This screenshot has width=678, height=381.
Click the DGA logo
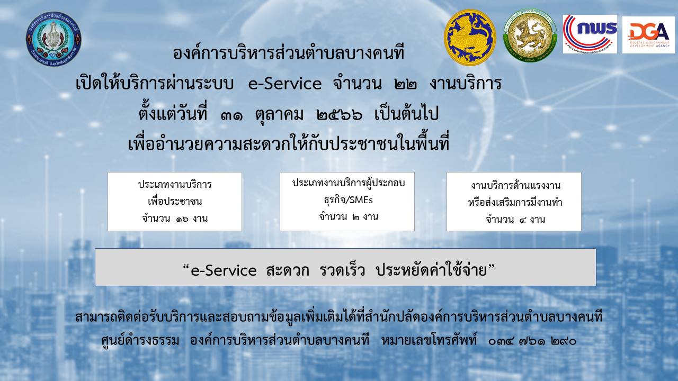click(x=648, y=35)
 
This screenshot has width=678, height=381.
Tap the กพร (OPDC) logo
click(x=590, y=34)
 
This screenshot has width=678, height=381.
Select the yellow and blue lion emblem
click(x=470, y=38)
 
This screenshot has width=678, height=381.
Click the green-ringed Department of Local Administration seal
click(x=530, y=35)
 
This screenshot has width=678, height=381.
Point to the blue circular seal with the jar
click(x=53, y=39)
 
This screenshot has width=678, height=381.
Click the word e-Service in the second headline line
click(x=285, y=84)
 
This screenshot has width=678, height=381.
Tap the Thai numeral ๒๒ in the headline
click(x=406, y=84)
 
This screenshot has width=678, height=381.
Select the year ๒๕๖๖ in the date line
click(x=340, y=115)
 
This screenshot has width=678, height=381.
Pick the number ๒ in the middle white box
click(x=355, y=217)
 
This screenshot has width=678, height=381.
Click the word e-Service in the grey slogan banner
click(x=224, y=270)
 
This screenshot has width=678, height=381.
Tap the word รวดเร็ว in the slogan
click(x=342, y=270)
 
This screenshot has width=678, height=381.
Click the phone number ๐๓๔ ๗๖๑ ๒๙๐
click(x=532, y=342)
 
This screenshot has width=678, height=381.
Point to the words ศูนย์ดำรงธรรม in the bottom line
click(x=140, y=341)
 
